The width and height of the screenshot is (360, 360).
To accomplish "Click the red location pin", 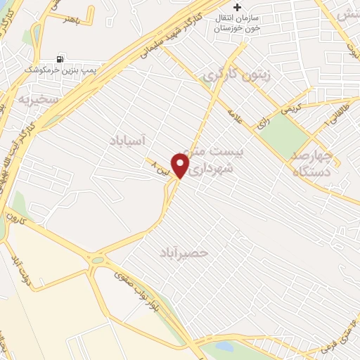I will pyautogui.click(x=181, y=166).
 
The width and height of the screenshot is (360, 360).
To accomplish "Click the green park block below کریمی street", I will pyautogui.click(x=284, y=134).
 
